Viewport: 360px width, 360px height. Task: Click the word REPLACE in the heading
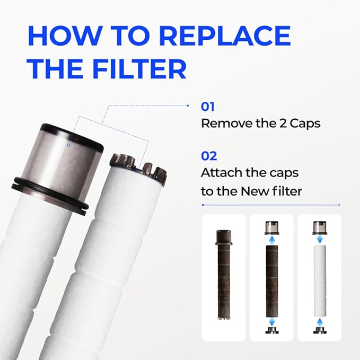coord(225,36)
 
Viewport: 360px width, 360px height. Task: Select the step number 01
coord(207,107)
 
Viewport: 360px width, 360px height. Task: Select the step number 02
coord(209,156)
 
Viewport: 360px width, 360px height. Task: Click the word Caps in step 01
coord(305,124)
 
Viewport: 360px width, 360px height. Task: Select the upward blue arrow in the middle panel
coord(272,240)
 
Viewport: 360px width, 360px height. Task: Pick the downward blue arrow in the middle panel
coord(272,322)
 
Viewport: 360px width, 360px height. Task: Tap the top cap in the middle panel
coord(272,227)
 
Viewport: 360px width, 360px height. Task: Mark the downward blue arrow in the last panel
coord(320,240)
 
